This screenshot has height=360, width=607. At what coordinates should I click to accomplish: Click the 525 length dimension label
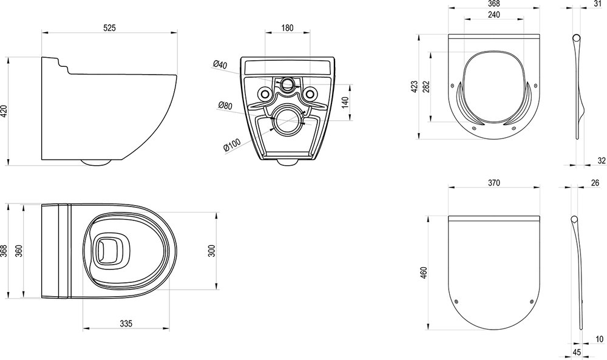[109, 27]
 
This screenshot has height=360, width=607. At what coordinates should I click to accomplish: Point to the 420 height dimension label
[4, 112]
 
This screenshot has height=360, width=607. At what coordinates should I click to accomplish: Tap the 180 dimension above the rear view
[287, 27]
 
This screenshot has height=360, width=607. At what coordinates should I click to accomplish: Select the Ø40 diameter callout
[220, 64]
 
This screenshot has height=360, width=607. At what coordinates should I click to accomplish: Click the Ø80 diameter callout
[225, 105]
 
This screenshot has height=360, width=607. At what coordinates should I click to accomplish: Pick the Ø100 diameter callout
[232, 144]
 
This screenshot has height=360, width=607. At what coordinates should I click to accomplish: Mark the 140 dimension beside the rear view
[346, 102]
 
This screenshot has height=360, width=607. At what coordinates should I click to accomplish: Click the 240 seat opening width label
[493, 15]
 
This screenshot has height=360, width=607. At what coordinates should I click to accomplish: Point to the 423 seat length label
[414, 86]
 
